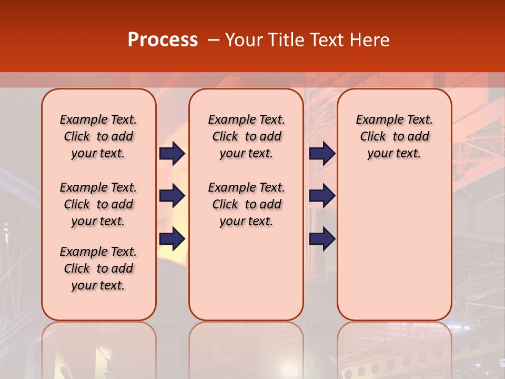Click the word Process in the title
coord(163,40)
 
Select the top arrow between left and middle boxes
coord(172,153)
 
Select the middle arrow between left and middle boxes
coord(172,196)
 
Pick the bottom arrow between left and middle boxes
coord(172,238)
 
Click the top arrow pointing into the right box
coord(322,153)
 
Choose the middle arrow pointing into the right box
coord(322,196)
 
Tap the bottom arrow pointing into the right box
coord(322,238)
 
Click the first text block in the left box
coord(98,136)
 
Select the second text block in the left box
coord(98,204)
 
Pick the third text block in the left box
coord(98,268)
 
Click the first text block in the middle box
coord(246,136)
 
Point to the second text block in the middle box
coord(246,204)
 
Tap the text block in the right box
coord(394,136)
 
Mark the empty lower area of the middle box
coord(246,274)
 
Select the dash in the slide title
coord(214,40)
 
